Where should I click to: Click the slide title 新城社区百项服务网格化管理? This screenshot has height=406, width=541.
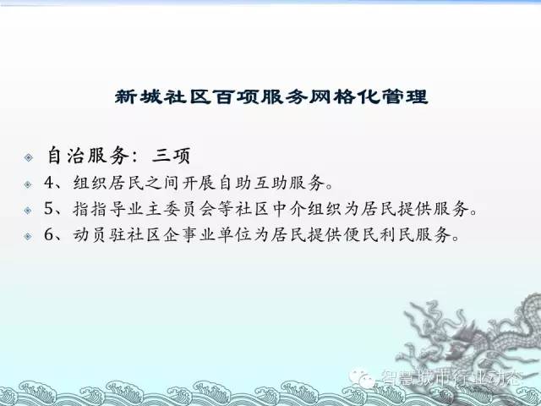(x=271, y=96)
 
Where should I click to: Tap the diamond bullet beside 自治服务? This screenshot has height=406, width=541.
(x=29, y=157)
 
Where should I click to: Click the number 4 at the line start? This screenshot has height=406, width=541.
(x=49, y=183)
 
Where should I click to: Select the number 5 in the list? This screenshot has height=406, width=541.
(x=49, y=209)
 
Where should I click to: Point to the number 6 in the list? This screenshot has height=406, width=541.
(x=49, y=235)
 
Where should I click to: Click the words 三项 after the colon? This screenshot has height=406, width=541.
(x=171, y=156)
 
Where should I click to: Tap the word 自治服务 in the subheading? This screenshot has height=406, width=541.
(x=88, y=156)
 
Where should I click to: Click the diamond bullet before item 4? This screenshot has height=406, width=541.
(x=28, y=184)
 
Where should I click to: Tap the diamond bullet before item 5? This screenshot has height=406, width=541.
(x=28, y=211)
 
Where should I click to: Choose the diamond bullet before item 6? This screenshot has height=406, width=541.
(x=28, y=237)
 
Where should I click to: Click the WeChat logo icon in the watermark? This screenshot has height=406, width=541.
(x=363, y=378)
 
